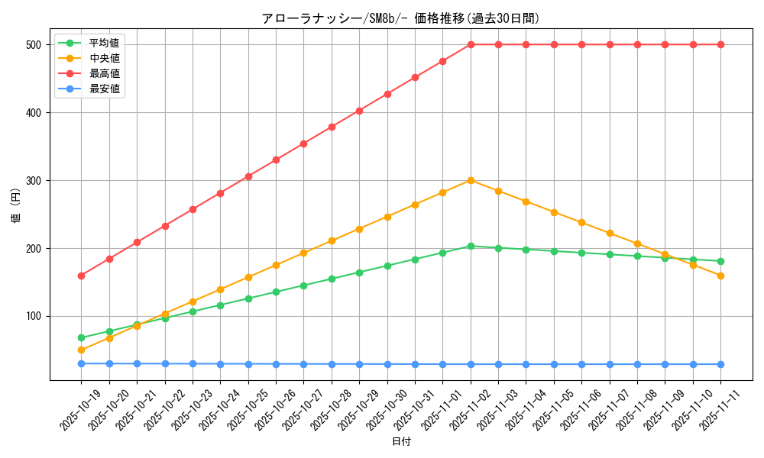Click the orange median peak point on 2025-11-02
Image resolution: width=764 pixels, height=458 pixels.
click(x=471, y=180)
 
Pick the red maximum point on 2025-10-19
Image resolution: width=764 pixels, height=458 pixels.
click(x=81, y=276)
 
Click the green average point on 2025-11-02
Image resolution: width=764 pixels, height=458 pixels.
click(x=471, y=246)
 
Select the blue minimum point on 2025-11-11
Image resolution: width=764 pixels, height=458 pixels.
click(x=721, y=364)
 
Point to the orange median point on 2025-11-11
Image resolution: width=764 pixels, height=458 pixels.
click(x=721, y=276)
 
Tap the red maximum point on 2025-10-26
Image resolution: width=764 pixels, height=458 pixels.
click(x=276, y=160)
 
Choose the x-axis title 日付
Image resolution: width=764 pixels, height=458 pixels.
click(x=401, y=442)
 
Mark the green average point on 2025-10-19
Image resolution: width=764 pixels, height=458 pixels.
click(x=81, y=337)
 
